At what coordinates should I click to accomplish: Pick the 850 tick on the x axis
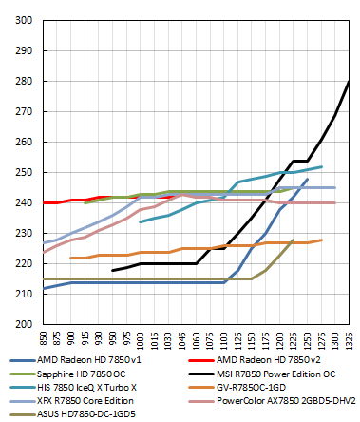pos(43,337)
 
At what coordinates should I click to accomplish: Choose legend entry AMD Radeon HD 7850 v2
pos(258,362)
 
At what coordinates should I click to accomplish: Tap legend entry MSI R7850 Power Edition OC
pos(270,375)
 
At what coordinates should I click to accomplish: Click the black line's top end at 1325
pos(349,82)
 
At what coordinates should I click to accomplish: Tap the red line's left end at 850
pos(44,202)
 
